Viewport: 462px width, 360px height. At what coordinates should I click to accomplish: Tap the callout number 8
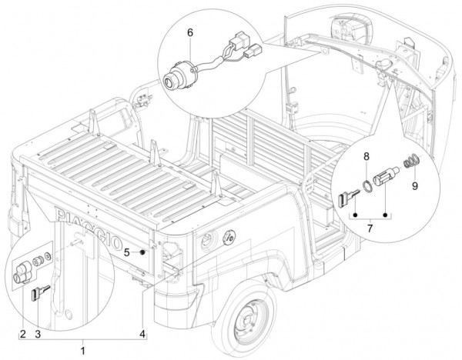tap(367, 164)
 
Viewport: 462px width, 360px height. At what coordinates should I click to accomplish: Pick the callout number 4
tap(142, 333)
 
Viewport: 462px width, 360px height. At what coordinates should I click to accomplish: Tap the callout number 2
tap(23, 333)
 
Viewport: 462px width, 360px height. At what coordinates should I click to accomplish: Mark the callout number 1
tap(83, 350)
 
